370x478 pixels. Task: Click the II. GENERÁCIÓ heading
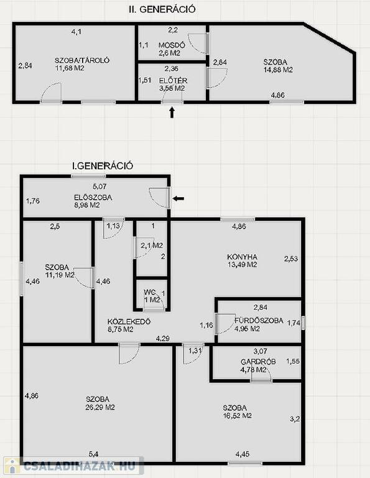162,9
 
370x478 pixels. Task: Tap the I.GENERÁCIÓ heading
103,166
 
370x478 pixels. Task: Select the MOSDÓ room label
172,45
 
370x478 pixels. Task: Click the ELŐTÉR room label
173,81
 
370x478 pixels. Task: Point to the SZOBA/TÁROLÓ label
82,60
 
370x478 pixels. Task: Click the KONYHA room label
242,257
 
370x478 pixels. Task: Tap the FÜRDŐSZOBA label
259,321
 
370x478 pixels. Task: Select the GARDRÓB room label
258,362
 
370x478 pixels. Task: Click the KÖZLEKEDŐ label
129,322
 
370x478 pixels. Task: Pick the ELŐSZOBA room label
93,197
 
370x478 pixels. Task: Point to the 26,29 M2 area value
100,407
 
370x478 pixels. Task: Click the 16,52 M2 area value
237,416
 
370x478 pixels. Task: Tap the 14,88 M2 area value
279,70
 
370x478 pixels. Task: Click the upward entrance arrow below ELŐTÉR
172,112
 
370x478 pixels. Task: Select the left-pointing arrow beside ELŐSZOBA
178,199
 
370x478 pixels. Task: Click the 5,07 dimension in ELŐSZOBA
99,186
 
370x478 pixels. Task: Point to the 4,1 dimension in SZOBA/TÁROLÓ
76,31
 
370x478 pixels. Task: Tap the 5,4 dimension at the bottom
93,454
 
